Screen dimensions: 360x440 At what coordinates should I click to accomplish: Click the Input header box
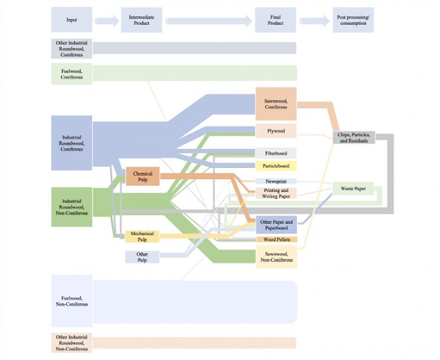(72, 20)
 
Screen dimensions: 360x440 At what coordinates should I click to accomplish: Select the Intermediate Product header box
(141, 20)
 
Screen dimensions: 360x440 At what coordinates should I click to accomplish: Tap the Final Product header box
(276, 20)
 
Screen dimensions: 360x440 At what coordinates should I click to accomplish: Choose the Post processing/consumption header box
(353, 20)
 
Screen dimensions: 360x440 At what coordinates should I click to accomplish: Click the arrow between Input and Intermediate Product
(106, 21)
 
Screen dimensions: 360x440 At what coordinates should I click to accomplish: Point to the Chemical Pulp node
(143, 177)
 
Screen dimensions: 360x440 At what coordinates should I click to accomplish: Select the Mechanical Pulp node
(142, 236)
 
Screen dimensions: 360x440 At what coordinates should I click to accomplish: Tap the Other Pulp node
(142, 257)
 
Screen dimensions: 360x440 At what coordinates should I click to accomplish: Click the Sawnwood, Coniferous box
(276, 104)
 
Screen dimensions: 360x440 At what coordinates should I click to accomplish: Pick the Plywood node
(276, 131)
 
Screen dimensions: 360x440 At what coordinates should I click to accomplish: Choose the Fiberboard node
(276, 152)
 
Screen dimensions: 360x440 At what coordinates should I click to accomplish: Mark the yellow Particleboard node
(276, 166)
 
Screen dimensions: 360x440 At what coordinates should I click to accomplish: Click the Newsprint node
(276, 181)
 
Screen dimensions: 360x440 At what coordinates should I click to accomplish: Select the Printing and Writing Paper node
(276, 193)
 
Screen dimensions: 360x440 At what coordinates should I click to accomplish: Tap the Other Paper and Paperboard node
(276, 225)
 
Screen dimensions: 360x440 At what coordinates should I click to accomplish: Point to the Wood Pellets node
(276, 240)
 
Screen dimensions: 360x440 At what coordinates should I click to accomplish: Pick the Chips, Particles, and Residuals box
(353, 138)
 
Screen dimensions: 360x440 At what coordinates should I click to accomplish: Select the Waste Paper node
(353, 189)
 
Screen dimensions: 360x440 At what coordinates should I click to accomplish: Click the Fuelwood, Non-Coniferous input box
(71, 301)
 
